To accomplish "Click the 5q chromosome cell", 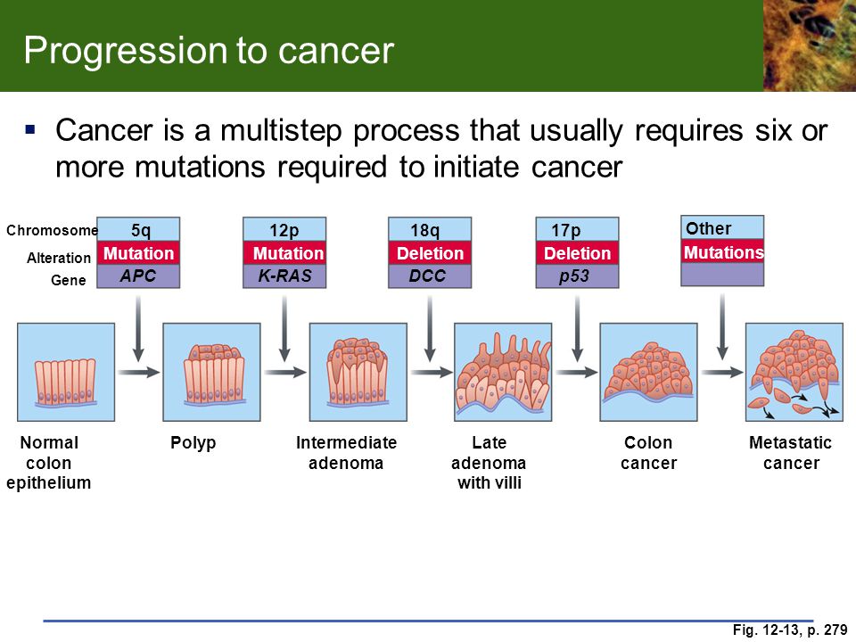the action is [138, 229].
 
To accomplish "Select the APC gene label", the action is [138, 276].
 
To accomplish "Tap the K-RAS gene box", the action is [284, 276].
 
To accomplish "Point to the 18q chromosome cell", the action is [430, 229].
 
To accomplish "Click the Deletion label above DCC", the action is [430, 253].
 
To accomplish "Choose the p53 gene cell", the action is [577, 276].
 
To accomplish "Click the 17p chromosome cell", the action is [577, 229].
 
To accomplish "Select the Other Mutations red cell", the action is [722, 251].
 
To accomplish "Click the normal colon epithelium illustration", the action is [66, 373].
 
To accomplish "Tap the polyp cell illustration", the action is [212, 373].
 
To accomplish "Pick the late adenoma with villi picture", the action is [503, 373].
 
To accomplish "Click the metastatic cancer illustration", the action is [794, 373].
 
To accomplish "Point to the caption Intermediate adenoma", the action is [346, 453].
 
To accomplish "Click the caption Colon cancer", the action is [648, 453].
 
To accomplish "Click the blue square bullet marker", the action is [30, 130].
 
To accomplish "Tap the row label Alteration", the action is [59, 258].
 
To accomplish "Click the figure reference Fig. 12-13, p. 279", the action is [790, 630].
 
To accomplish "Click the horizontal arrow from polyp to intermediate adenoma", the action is [285, 373].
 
